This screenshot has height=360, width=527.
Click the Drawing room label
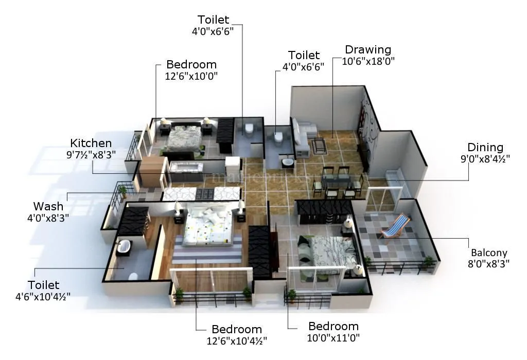[368, 50]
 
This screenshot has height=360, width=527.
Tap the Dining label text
[485, 148]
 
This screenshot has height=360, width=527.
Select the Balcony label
[489, 253]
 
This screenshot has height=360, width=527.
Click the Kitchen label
[91, 143]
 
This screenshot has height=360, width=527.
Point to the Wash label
[48, 207]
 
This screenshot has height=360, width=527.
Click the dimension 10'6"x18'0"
[368, 61]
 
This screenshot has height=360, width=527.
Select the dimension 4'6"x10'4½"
[43, 296]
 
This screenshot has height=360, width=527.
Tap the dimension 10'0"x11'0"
[333, 337]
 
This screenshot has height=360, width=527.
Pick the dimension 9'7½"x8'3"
[91, 154]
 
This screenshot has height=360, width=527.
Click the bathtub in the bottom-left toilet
[124, 248]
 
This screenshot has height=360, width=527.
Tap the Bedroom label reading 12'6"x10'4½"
[237, 329]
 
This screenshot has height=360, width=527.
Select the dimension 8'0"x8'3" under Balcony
[489, 263]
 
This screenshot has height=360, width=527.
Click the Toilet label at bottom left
[44, 285]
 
